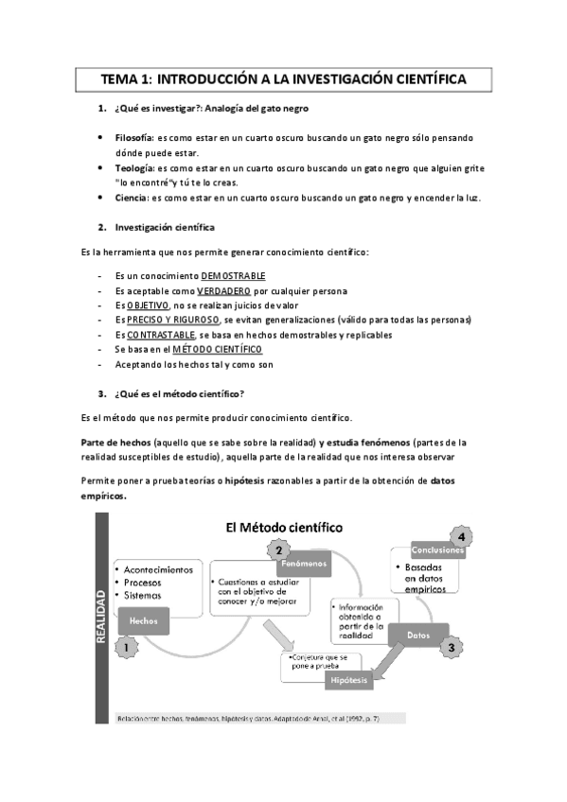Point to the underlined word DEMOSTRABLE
pyautogui.click(x=233, y=275)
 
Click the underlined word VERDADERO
pyautogui.click(x=223, y=290)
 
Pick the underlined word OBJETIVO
pyautogui.click(x=148, y=305)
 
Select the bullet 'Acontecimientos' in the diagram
pyautogui.click(x=157, y=569)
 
